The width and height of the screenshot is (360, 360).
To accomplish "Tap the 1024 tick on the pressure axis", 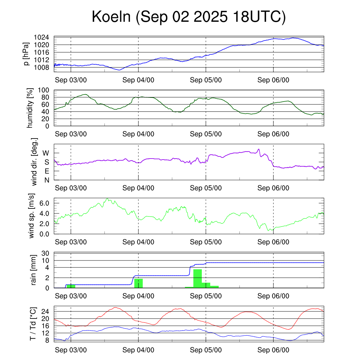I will click(41, 37).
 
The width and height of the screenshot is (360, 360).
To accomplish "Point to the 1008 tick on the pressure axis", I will click(41, 67).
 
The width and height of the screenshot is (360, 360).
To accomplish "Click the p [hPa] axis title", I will click(26, 53).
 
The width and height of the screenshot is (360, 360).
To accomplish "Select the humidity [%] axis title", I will click(31, 108).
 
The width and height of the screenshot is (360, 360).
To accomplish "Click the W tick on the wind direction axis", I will click(46, 153).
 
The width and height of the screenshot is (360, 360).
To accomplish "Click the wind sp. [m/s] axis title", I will click(32, 216).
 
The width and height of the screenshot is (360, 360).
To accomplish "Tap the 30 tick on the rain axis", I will click(45, 253).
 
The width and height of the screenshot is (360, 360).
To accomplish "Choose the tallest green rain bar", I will click(198, 278).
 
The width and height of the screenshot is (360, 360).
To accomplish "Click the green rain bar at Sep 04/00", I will click(139, 283).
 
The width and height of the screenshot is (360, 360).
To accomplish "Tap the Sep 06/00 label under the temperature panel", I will click(273, 350).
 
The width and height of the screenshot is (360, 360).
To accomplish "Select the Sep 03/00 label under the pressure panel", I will click(71, 80).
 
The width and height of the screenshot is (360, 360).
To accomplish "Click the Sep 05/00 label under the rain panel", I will click(206, 296).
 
